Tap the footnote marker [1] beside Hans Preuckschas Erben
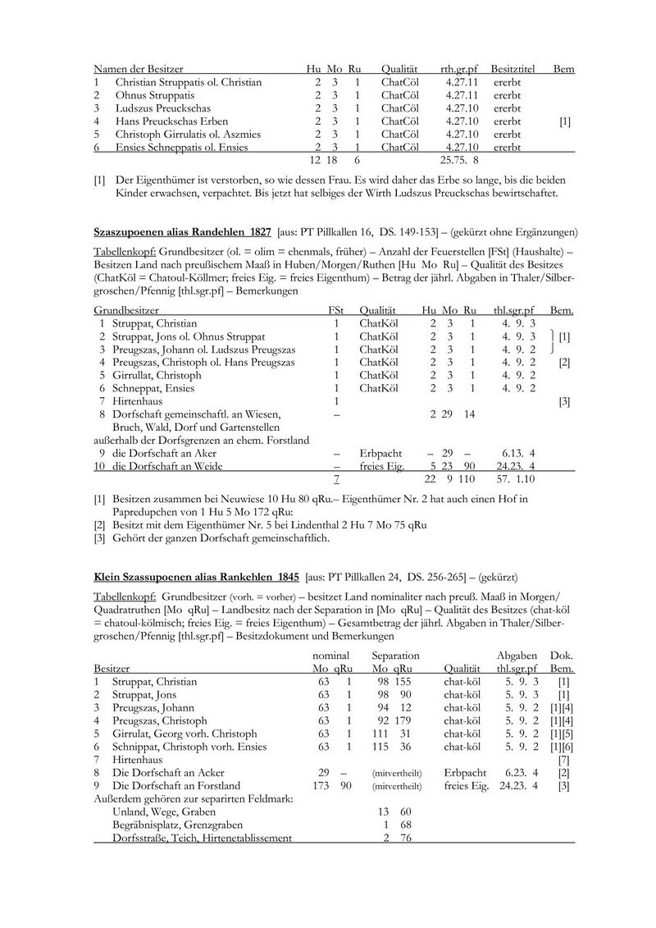click(x=564, y=121)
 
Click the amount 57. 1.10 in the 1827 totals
click(x=513, y=478)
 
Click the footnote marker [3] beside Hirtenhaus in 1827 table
click(x=564, y=400)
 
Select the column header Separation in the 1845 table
click(x=395, y=656)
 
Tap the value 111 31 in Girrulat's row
click(x=391, y=734)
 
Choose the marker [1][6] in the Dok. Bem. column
click(x=561, y=747)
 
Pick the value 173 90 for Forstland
click(x=333, y=786)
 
